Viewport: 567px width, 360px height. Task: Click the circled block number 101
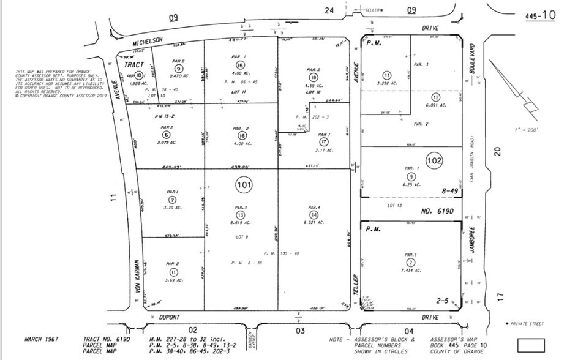click(x=242, y=184)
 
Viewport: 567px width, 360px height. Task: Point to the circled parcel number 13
click(x=241, y=215)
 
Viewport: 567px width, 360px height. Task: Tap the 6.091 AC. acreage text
click(x=436, y=105)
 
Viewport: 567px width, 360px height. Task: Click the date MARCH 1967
click(x=42, y=338)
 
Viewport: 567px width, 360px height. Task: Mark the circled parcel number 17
click(x=324, y=141)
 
